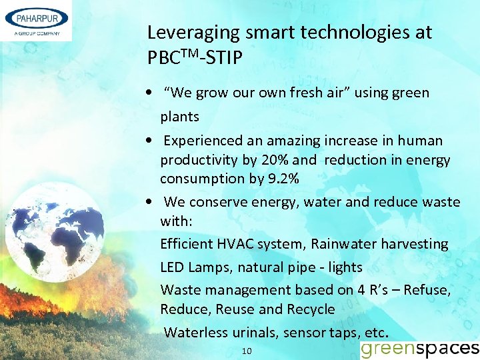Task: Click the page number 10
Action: [247, 351]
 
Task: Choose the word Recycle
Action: [311, 309]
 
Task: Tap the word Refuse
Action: [427, 290]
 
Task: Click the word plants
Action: [179, 117]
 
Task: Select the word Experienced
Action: [205, 141]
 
